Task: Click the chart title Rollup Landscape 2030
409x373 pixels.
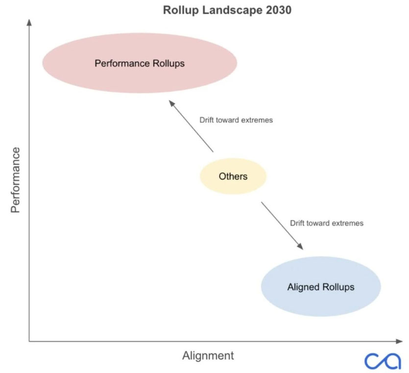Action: click(227, 10)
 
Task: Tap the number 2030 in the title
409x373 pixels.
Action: click(279, 10)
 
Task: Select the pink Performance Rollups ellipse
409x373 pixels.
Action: click(140, 63)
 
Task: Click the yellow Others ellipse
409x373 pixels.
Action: click(233, 176)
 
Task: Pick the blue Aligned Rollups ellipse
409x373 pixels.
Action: click(321, 286)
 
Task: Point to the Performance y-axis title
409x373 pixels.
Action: click(15, 180)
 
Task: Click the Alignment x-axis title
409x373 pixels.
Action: click(208, 355)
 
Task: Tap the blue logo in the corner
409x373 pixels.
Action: click(383, 361)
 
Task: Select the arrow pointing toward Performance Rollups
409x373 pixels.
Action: click(191, 126)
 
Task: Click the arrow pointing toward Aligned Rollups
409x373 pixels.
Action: click(282, 226)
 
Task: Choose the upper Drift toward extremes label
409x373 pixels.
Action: click(236, 120)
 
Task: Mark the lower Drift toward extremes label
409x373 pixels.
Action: click(327, 223)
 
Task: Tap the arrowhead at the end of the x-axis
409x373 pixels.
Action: click(399, 341)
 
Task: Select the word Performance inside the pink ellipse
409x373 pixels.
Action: click(122, 63)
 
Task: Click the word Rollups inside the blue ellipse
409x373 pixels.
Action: click(338, 287)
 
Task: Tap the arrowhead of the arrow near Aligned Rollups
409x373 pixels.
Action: click(300, 246)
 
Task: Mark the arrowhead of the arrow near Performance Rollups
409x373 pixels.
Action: click(171, 103)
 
